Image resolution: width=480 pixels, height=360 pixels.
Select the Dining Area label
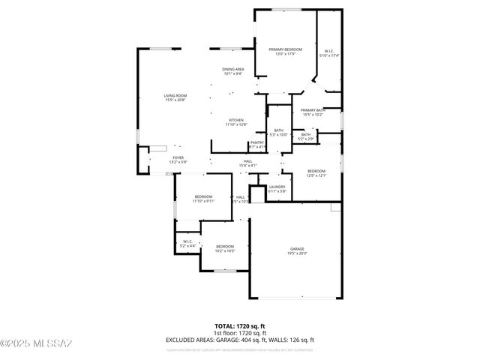(x=232, y=70)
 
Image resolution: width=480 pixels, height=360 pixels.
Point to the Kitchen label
(x=236, y=120)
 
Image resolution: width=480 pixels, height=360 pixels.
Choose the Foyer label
(x=156, y=157)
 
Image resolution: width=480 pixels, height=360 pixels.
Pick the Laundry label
(x=277, y=187)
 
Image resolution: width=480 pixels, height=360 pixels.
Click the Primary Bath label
(x=313, y=110)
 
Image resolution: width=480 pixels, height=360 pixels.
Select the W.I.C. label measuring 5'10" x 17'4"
(x=328, y=51)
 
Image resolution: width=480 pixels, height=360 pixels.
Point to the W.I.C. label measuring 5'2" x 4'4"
(x=187, y=241)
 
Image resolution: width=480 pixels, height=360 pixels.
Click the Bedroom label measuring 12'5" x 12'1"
(x=316, y=171)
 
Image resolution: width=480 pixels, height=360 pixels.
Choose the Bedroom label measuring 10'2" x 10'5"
(x=225, y=247)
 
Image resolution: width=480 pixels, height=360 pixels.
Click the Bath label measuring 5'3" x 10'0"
(x=279, y=130)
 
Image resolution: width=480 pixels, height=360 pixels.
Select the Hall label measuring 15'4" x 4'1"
(x=247, y=160)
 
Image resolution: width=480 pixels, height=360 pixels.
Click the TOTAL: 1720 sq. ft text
(x=240, y=326)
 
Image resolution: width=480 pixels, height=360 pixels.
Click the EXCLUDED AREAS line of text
(x=240, y=339)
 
